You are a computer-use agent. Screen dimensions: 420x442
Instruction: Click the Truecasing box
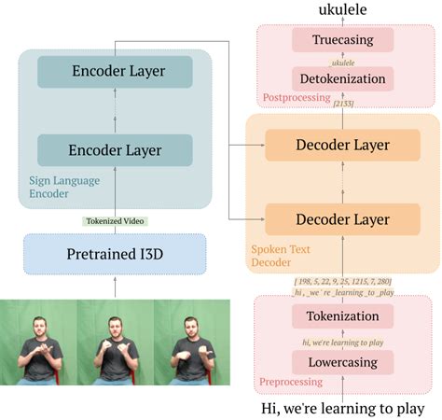click(341, 40)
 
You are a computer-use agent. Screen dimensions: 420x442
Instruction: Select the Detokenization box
click(341, 79)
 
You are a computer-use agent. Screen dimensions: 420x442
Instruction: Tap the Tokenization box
click(342, 316)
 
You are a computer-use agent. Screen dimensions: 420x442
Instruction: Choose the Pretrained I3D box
click(114, 254)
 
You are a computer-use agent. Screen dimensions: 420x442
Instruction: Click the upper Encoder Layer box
click(116, 72)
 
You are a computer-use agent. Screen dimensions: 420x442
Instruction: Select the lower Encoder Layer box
click(116, 150)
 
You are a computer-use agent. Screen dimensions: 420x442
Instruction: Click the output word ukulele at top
click(341, 10)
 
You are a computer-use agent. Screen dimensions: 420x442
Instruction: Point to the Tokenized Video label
click(116, 221)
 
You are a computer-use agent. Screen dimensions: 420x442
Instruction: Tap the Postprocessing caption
click(296, 97)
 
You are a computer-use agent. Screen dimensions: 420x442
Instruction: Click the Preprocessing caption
click(292, 382)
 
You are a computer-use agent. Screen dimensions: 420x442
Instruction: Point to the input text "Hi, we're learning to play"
click(341, 408)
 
